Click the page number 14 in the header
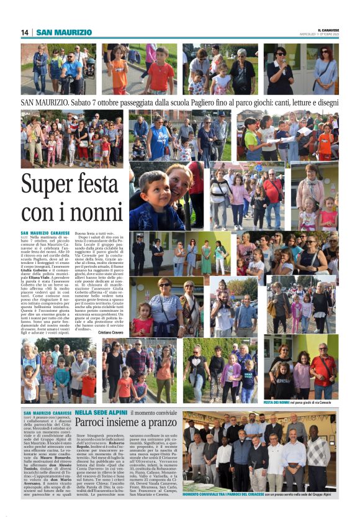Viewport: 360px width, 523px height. (25, 32)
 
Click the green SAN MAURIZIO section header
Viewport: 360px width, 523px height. (64, 32)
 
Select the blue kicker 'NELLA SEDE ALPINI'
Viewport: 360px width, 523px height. (101, 412)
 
